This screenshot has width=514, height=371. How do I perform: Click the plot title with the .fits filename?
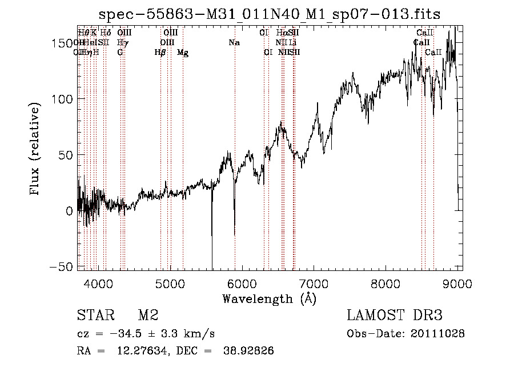tap(270, 14)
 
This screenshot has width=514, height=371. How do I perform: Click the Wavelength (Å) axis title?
tap(269, 298)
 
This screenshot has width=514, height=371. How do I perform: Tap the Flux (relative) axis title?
tap(36, 150)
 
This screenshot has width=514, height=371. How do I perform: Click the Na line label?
tap(234, 43)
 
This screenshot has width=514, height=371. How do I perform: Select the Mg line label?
tap(183, 53)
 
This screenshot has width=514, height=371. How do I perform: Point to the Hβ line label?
tap(160, 53)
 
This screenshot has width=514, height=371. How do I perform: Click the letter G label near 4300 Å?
tap(120, 53)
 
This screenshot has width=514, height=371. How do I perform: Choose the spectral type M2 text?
tap(148, 316)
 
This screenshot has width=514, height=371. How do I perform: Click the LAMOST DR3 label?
tap(395, 316)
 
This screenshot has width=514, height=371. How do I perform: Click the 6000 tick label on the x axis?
tap(242, 284)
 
